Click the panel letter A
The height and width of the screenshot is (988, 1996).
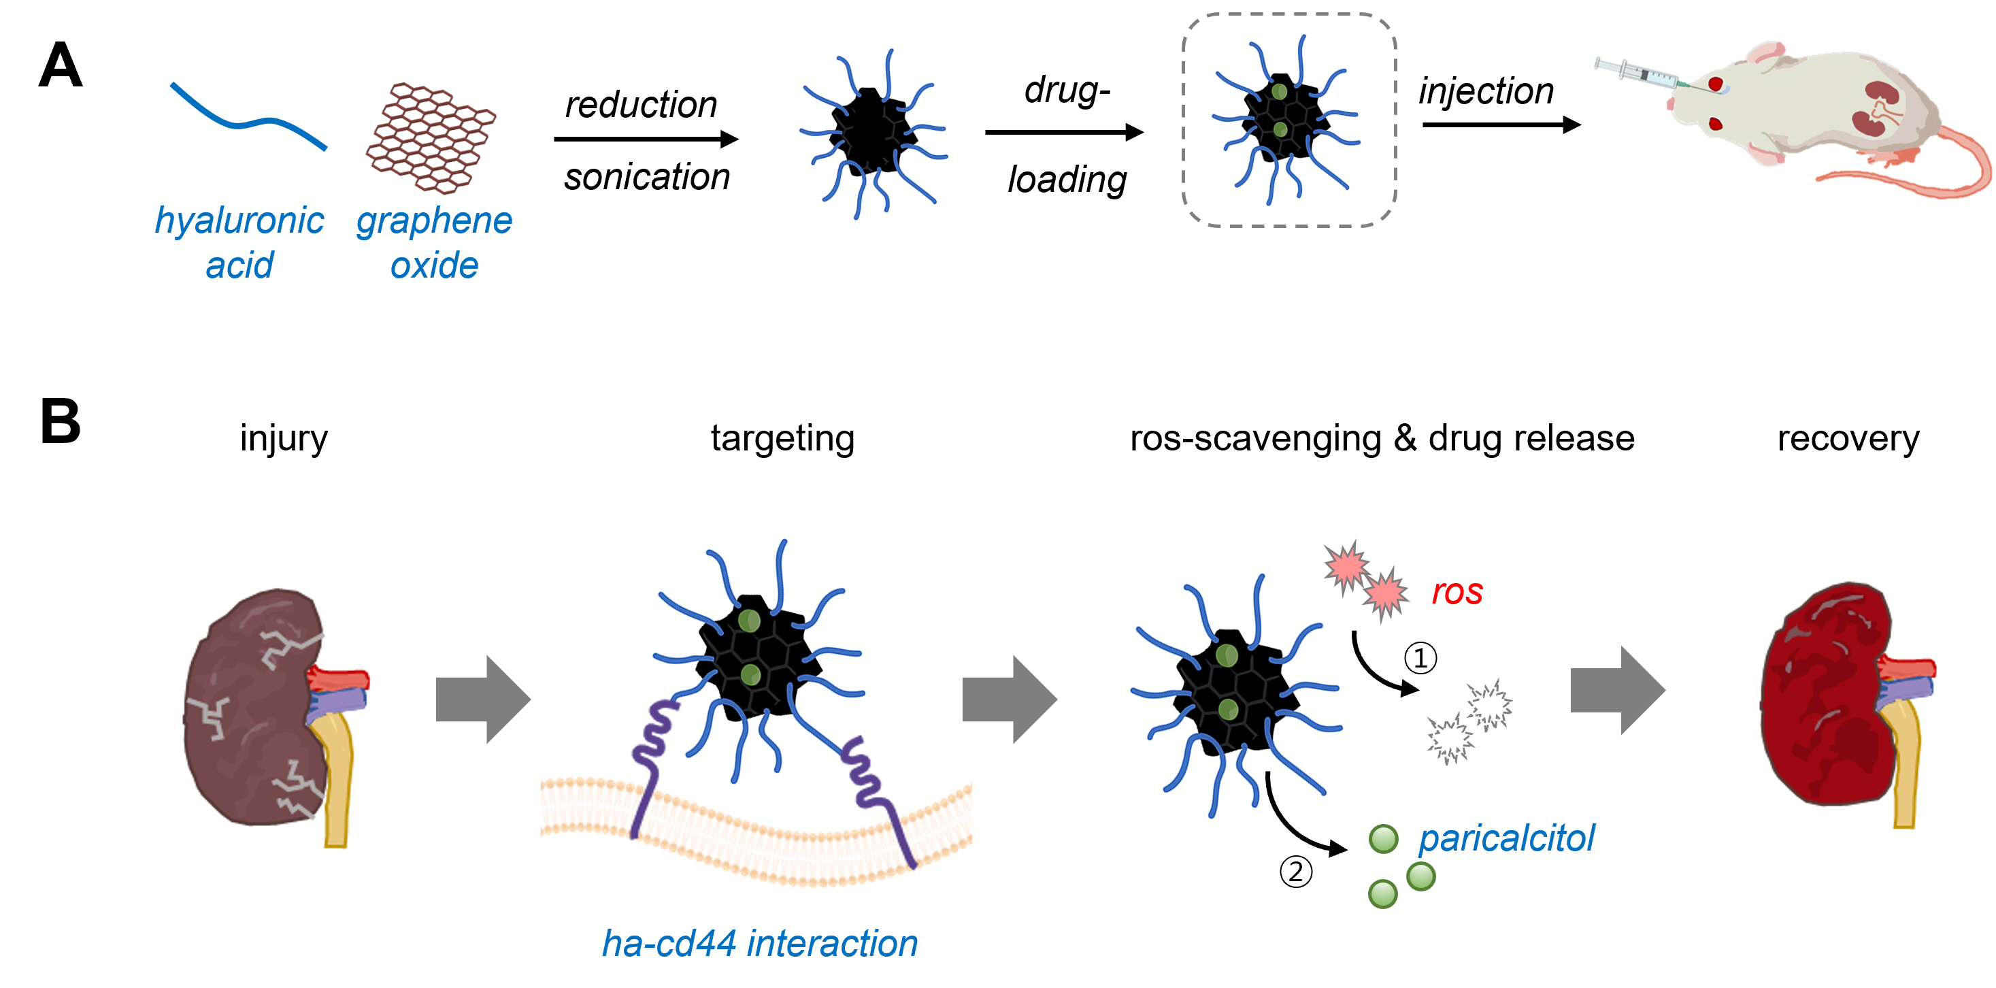(x=60, y=67)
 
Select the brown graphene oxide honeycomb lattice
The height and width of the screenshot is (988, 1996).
(x=430, y=138)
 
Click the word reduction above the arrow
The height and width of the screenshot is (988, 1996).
(x=641, y=105)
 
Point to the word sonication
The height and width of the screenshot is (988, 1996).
(x=646, y=177)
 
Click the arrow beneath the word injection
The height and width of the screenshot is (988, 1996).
(x=1500, y=125)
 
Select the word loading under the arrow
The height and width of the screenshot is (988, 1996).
(x=1066, y=180)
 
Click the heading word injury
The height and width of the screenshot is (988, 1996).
(x=284, y=439)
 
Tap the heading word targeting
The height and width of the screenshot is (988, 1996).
(x=782, y=439)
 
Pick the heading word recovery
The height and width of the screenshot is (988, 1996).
(x=1847, y=439)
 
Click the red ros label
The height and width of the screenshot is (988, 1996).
(x=1457, y=592)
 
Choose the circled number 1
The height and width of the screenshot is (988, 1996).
(x=1420, y=658)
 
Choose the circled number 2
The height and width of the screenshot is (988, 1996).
(x=1295, y=872)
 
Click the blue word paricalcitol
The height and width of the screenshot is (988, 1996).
(x=1506, y=838)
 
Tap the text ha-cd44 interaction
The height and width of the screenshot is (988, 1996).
(x=759, y=944)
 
